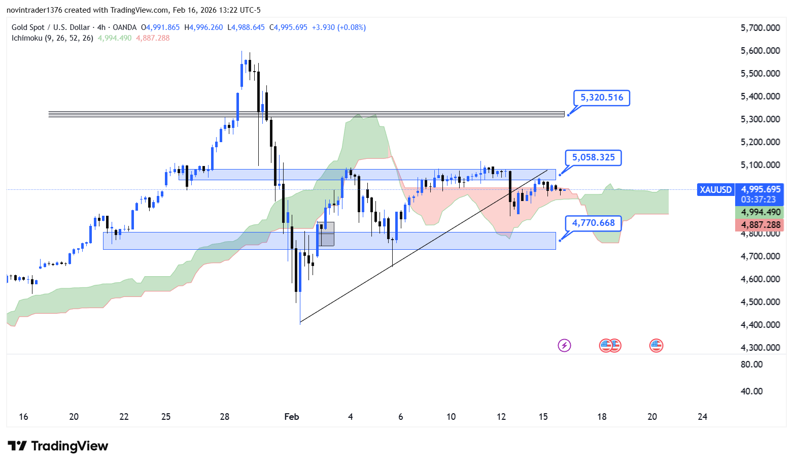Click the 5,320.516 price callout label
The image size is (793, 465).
pos(601,97)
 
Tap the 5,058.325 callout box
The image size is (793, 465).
pos(593,157)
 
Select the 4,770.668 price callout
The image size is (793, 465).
pos(593,223)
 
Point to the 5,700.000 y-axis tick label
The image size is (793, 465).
pos(760,28)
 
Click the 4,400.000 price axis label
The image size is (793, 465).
pos(760,325)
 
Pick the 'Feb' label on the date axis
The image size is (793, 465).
pos(292,417)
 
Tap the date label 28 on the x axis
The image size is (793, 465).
pos(225,417)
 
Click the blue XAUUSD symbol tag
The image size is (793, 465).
pos(715,190)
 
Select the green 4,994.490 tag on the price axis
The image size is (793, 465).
pos(761,212)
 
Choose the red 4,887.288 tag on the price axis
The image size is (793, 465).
pos(761,225)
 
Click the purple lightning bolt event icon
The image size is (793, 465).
pos(564,346)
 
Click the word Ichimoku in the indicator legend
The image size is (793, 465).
pos(27,38)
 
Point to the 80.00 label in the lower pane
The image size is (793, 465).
pos(751,364)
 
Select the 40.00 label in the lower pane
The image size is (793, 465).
pos(751,391)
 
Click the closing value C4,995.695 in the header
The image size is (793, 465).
pos(288,27)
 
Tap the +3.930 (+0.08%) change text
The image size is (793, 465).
pos(338,27)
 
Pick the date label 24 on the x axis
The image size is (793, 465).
pos(702,417)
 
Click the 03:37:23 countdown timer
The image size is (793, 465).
pos(758,200)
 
